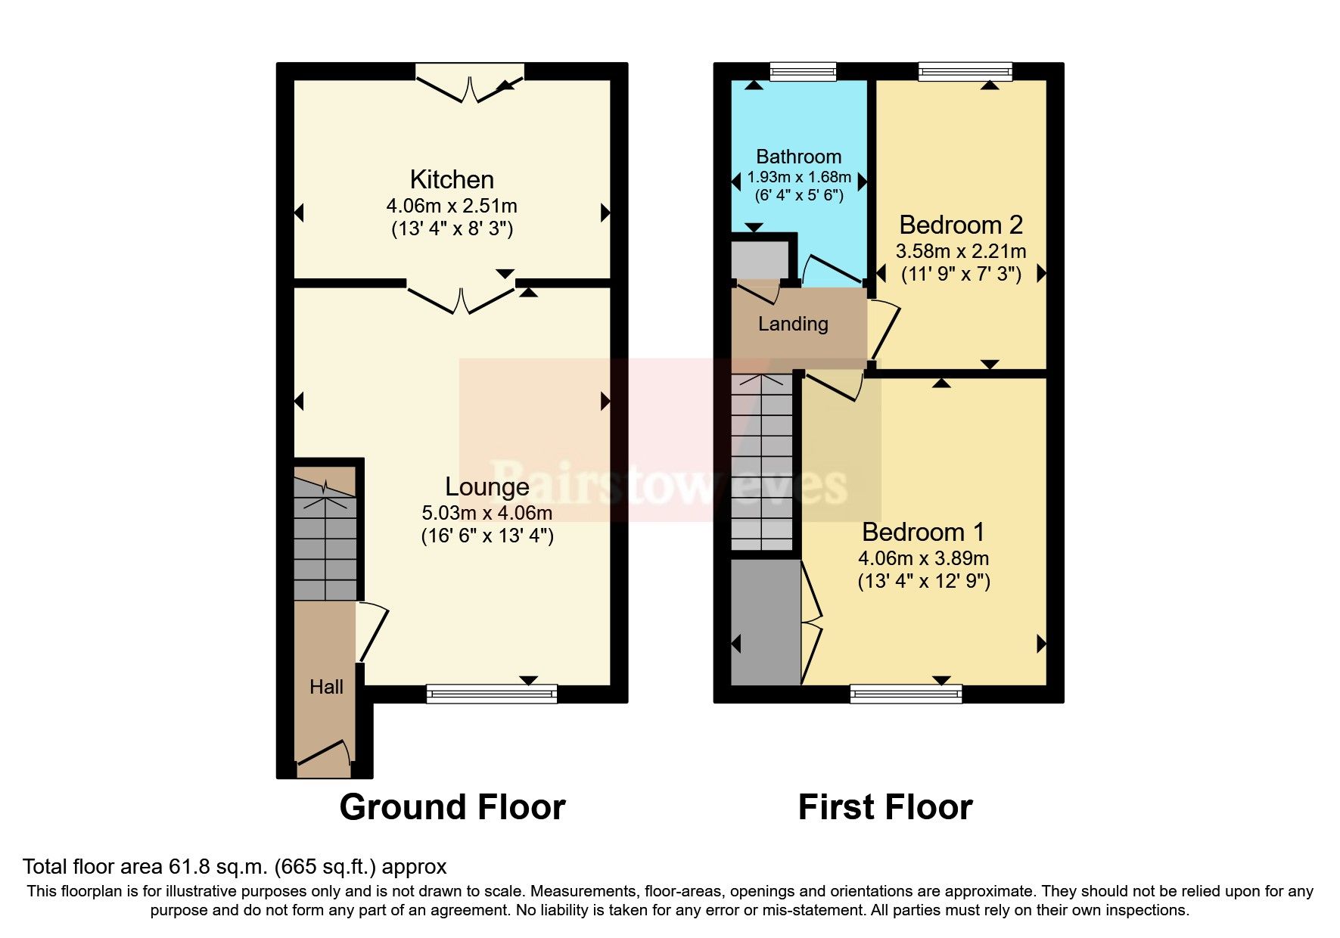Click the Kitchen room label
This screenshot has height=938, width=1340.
(452, 180)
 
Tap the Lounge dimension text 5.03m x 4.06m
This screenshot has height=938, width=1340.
(487, 513)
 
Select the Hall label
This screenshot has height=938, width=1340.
(326, 687)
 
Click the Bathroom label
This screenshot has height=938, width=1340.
(798, 157)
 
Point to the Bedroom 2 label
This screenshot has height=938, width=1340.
(960, 225)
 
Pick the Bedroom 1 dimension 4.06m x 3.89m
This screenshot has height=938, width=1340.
(923, 558)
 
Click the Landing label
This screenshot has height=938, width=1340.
(793, 324)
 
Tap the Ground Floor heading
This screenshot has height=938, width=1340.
(452, 807)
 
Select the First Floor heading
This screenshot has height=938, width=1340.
(885, 807)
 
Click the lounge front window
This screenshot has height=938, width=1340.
(491, 693)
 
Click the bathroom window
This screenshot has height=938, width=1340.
(803, 72)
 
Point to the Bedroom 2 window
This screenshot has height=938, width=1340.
(965, 72)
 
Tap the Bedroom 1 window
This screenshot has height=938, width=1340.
(906, 693)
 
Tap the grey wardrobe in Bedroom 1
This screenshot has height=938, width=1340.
(765, 622)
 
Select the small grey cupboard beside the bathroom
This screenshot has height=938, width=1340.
(760, 259)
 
